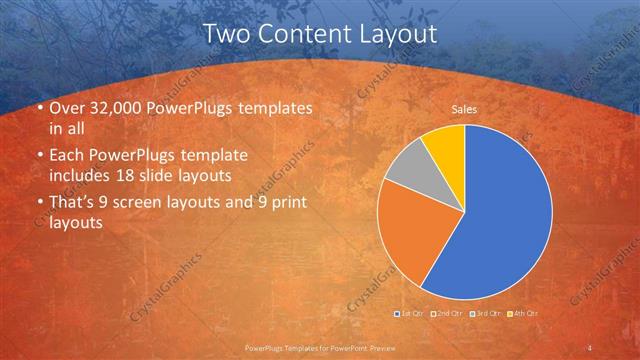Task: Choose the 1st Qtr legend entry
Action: coord(408,314)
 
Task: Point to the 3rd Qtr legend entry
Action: coord(484,314)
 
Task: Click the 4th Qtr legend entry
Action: coord(524,314)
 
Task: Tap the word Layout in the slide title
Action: coord(396,33)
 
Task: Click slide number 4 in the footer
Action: coord(590,347)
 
